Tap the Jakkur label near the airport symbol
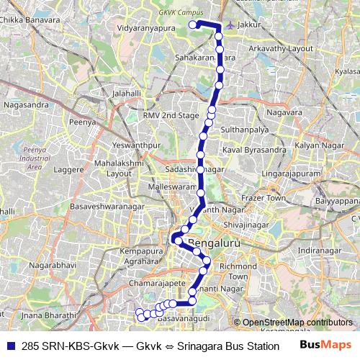[x=250, y=24]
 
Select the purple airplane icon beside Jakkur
[x=230, y=25]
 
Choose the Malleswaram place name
[x=172, y=186]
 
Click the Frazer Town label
[x=264, y=197]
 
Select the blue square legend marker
[x=10, y=346]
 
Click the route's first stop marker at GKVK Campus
[x=193, y=24]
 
